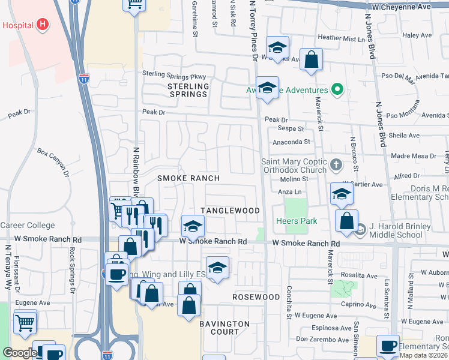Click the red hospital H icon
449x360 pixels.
point(42,25)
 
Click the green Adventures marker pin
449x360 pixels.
point(337,91)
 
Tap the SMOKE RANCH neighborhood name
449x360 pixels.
point(188,178)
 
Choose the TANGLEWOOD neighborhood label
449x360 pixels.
point(230,211)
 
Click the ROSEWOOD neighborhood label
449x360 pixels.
point(256,297)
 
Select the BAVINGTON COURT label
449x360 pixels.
point(224,328)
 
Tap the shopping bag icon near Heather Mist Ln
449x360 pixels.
point(312,59)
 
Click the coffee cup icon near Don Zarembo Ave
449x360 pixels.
point(388,346)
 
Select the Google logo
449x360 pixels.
point(20,353)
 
